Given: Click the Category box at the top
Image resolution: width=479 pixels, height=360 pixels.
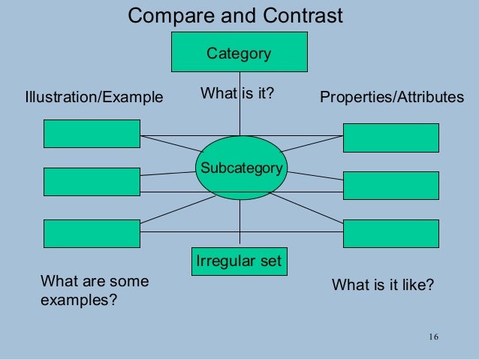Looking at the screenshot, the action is [239, 53].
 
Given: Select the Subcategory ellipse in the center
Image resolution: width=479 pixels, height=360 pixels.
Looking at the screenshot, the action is [239, 168].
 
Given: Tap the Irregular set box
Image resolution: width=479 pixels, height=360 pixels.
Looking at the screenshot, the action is [239, 262].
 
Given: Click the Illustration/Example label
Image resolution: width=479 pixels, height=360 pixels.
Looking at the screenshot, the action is [94, 97].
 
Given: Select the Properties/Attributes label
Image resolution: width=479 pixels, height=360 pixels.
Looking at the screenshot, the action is [391, 97].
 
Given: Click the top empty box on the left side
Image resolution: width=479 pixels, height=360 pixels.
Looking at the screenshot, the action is [92, 134].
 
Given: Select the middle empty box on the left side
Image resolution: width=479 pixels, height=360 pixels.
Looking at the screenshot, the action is [92, 182].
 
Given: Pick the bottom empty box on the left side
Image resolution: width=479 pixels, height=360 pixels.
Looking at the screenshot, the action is [92, 233].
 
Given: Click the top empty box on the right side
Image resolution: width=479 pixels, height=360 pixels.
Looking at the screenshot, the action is [390, 138].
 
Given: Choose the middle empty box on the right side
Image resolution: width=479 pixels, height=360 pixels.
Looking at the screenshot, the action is [390, 186].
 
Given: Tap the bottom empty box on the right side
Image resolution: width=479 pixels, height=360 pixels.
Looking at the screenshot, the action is [390, 233].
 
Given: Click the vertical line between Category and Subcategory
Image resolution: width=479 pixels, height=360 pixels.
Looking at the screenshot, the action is [239, 113].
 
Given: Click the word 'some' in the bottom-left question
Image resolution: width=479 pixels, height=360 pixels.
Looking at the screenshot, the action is [128, 282].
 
